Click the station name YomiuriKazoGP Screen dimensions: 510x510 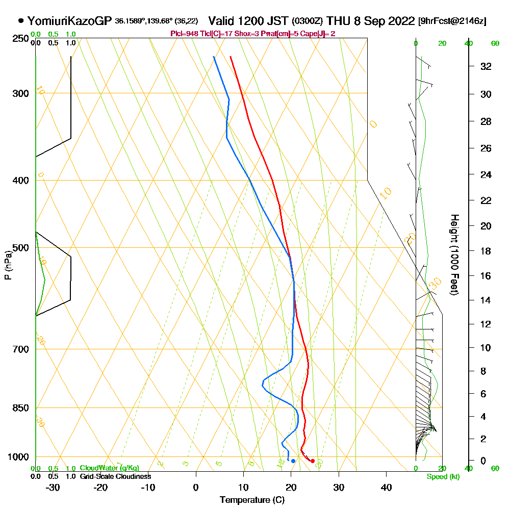click(x=69, y=21)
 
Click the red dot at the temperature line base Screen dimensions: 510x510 click(x=313, y=461)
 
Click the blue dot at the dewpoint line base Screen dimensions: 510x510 click(x=293, y=461)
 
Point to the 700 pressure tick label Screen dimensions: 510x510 click(x=21, y=349)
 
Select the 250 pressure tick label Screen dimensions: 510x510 click(x=21, y=39)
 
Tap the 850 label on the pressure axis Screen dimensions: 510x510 click(x=21, y=408)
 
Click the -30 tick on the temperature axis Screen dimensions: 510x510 click(x=53, y=487)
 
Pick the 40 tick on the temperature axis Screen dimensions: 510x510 click(x=386, y=487)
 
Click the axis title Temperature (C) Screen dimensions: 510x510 click(x=252, y=500)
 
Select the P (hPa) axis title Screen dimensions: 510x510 click(x=8, y=265)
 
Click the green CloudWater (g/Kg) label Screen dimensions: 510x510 click(x=109, y=468)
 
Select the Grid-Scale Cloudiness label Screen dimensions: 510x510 click(x=115, y=476)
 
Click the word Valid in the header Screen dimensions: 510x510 click(x=222, y=21)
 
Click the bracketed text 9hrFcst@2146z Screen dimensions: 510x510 click(x=452, y=21)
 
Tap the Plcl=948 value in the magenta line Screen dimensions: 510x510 click(x=186, y=34)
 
